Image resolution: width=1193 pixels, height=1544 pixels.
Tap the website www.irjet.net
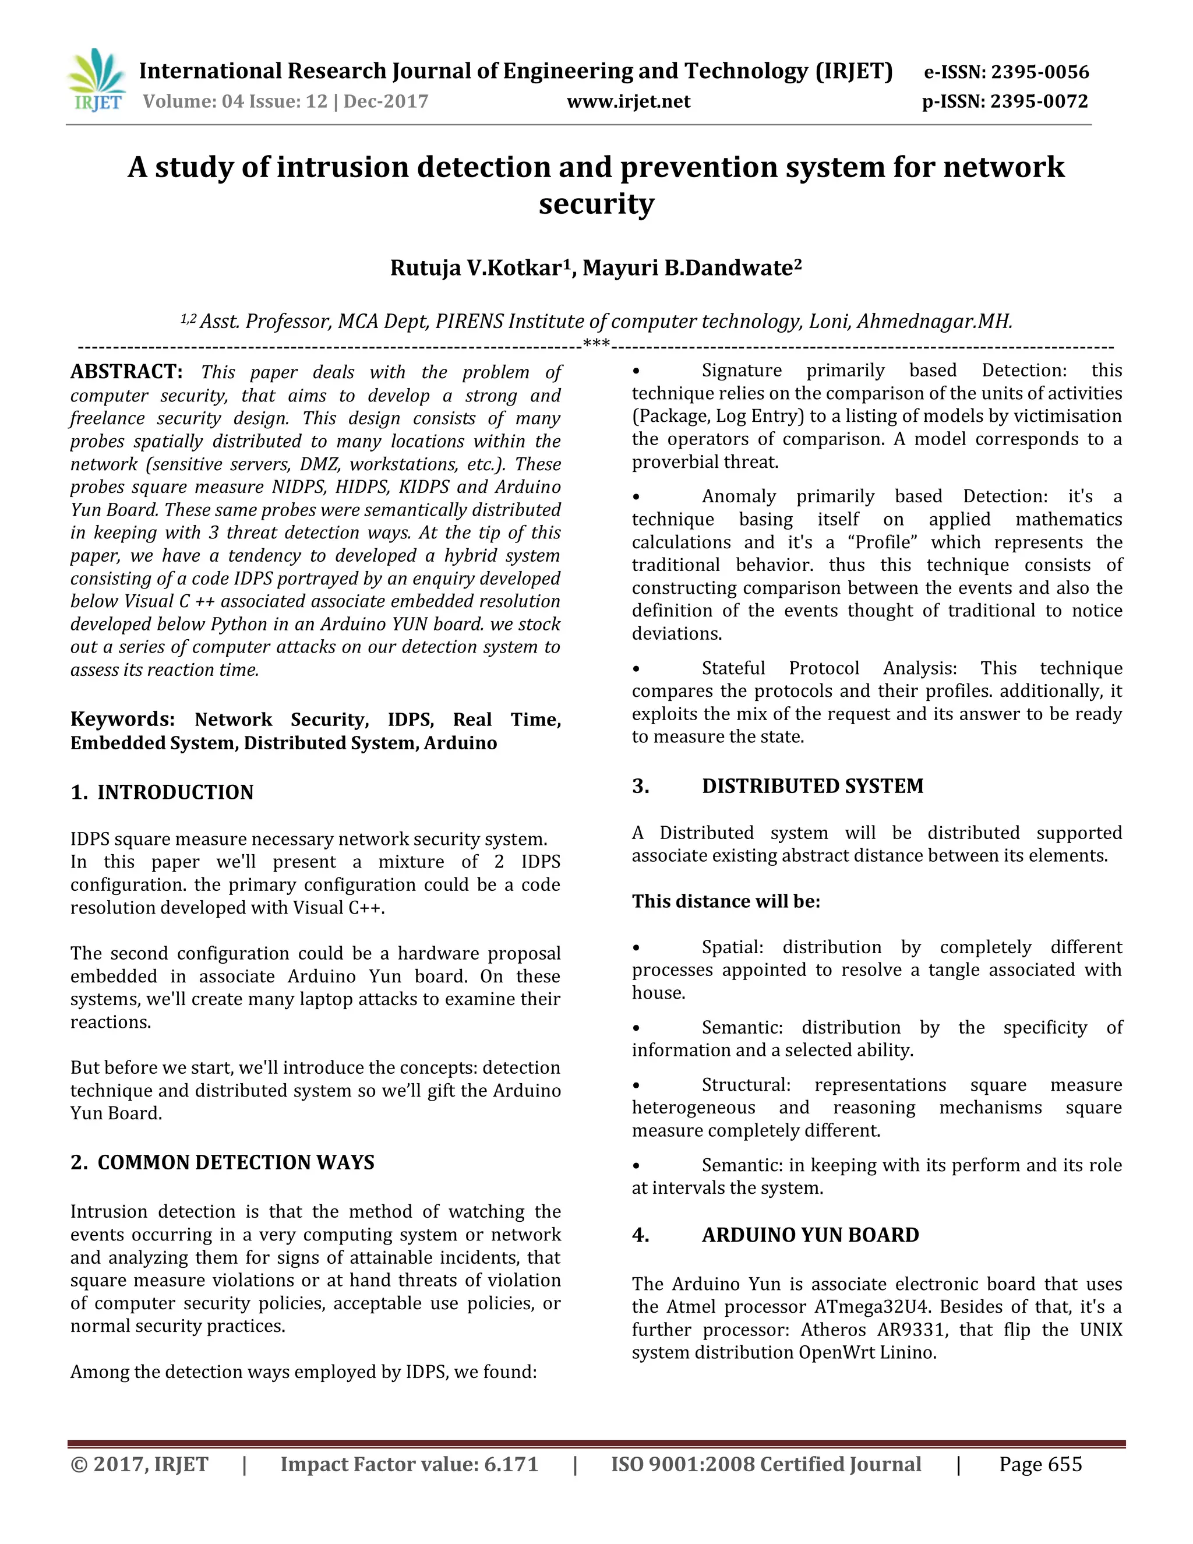(x=629, y=102)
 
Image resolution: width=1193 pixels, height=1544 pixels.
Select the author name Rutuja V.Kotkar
(x=476, y=268)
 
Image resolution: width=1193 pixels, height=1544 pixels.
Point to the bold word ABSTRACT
(x=126, y=372)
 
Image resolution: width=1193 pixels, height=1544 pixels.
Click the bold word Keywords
(x=122, y=719)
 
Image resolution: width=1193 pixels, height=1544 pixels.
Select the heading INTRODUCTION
(x=175, y=792)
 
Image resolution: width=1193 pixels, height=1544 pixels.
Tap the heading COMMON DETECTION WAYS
(x=235, y=1162)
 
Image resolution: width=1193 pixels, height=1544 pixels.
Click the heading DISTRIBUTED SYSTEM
(x=812, y=786)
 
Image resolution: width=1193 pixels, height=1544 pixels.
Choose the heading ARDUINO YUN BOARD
(x=810, y=1235)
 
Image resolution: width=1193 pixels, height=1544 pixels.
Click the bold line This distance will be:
(x=726, y=901)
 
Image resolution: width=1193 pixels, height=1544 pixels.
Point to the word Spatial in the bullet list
(x=732, y=947)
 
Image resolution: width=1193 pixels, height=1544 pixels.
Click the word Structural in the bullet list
(x=746, y=1084)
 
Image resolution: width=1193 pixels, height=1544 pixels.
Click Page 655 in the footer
(x=1040, y=1464)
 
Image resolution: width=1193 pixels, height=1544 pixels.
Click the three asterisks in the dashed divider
(x=596, y=345)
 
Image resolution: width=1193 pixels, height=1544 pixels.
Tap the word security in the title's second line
(x=596, y=205)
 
